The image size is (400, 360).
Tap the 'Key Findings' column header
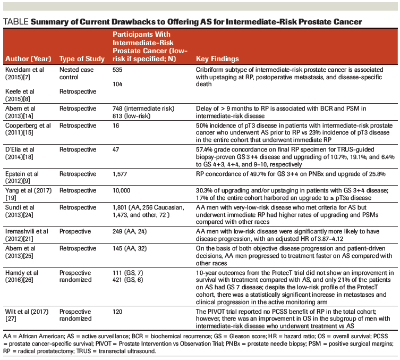coord(218,58)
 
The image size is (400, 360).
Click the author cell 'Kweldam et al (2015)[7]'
coord(24,73)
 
